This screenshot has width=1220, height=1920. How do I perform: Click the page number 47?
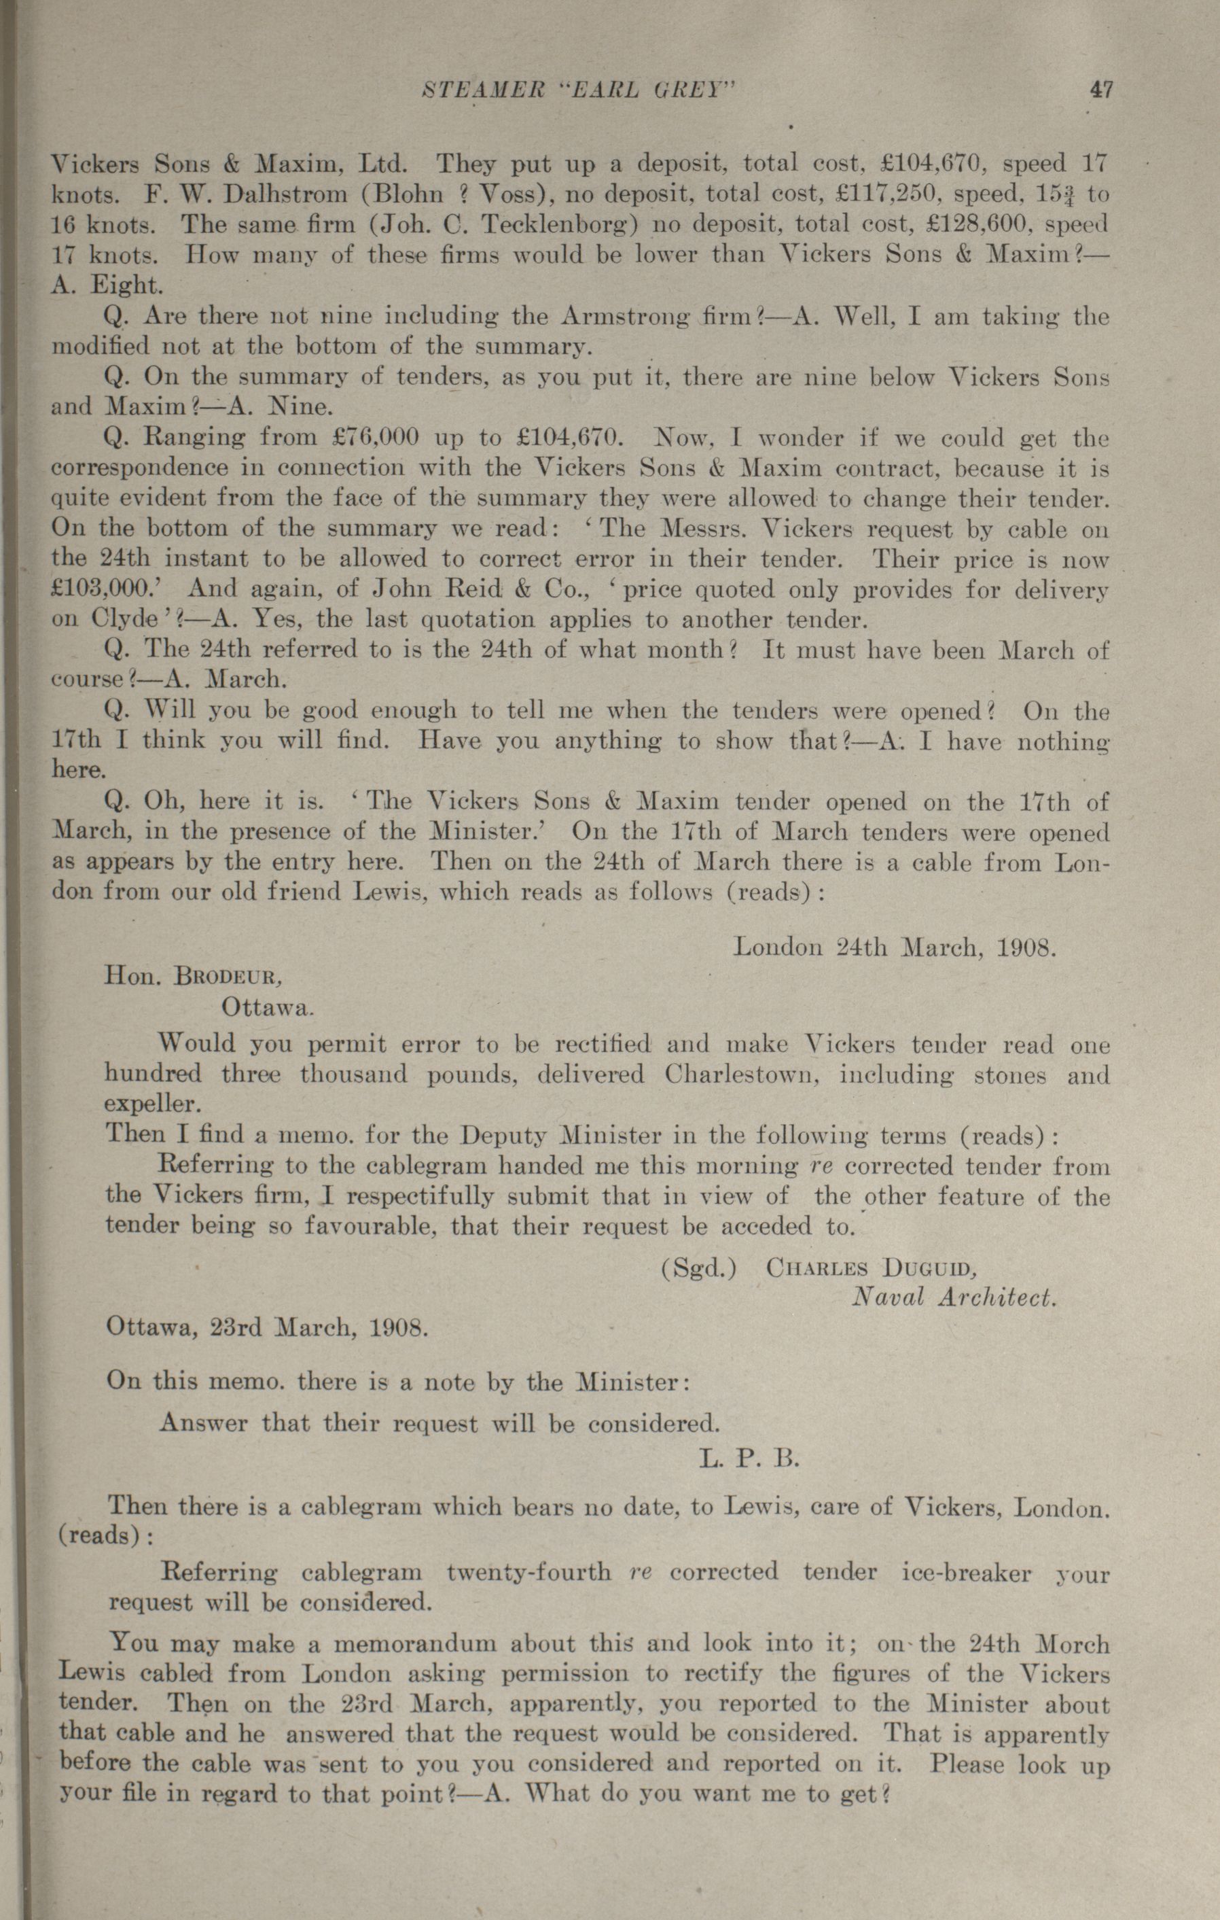[1100, 89]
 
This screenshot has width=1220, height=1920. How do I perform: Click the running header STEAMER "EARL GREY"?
[576, 90]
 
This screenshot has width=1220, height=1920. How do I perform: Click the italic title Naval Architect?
[953, 1297]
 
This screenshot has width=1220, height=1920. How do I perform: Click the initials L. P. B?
[749, 1459]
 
